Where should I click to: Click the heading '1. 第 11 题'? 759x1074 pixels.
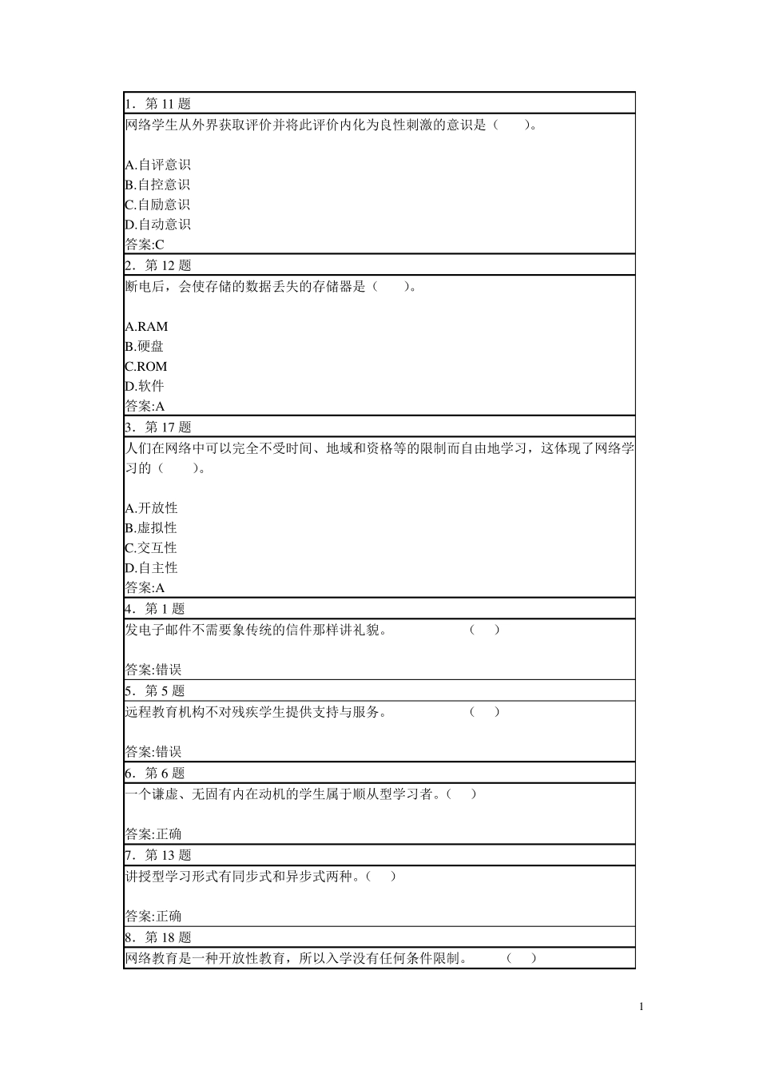tap(158, 104)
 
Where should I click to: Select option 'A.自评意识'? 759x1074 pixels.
tap(158, 165)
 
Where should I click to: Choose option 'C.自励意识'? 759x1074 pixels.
tap(158, 205)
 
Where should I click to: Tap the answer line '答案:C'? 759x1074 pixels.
tap(145, 245)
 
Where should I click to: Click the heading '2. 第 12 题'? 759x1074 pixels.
tap(158, 266)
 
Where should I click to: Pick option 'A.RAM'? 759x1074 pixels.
tap(147, 326)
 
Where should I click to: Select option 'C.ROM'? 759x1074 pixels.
tap(146, 366)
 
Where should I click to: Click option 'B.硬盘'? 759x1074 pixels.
tap(145, 346)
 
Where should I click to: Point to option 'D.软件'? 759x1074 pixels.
tap(145, 386)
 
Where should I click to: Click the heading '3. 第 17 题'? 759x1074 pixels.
tap(158, 428)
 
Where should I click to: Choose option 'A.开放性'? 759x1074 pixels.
tap(152, 508)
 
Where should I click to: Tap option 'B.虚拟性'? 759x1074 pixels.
tap(152, 528)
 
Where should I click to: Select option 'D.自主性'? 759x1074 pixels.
tap(152, 568)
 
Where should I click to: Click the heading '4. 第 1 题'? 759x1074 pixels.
tap(155, 609)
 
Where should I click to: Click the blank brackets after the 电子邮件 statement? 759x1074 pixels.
tap(485, 630)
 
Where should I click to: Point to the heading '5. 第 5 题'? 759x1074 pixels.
tap(155, 691)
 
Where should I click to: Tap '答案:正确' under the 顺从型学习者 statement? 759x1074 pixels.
tap(153, 834)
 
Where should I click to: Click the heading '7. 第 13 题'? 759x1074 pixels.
tap(158, 855)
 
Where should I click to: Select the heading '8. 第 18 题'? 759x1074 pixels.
tap(158, 937)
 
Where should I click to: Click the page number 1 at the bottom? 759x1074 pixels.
tap(641, 1007)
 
